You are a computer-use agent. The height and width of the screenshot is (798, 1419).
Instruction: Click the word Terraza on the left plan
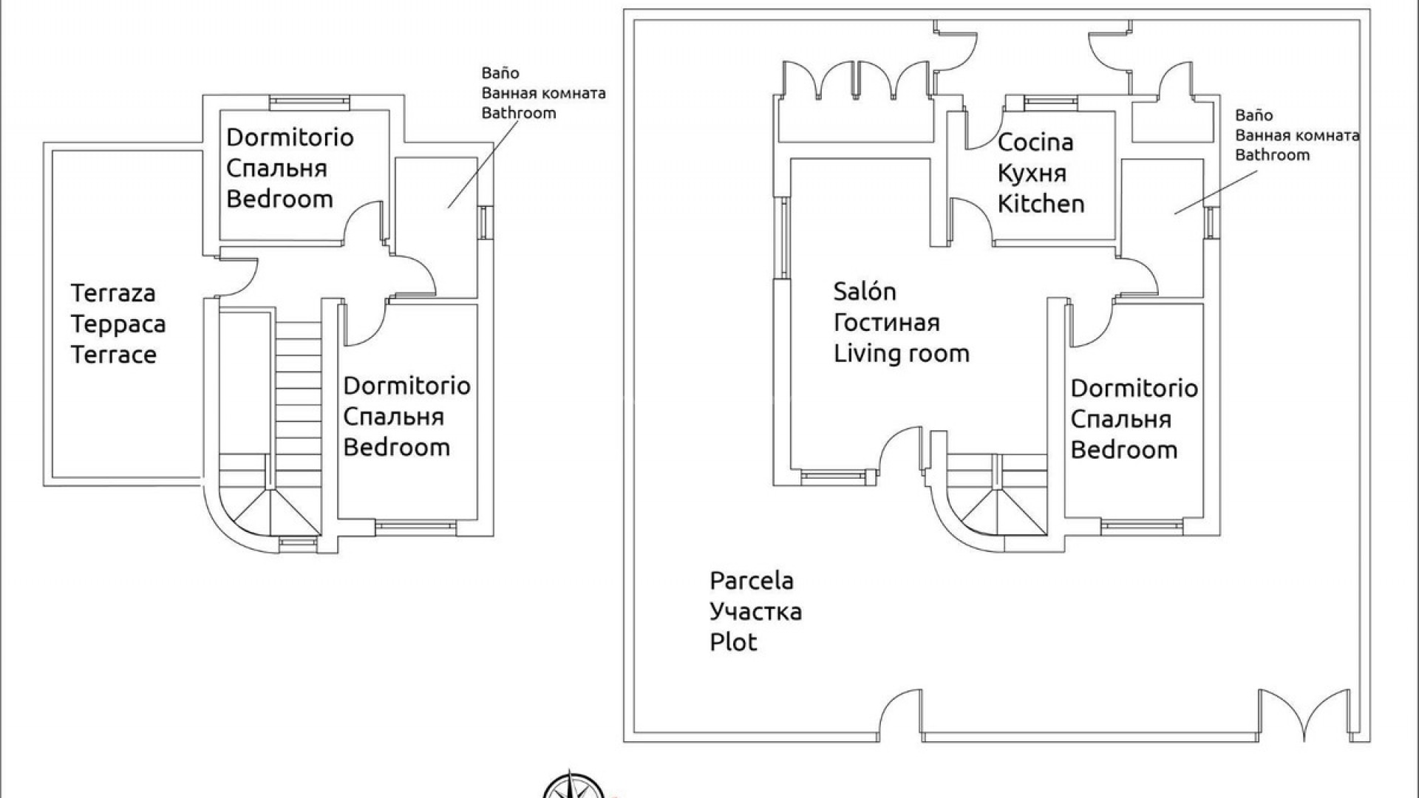click(113, 293)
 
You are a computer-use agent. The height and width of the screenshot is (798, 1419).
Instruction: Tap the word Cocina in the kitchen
click(1035, 143)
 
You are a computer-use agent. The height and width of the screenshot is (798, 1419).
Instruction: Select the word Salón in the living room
click(864, 291)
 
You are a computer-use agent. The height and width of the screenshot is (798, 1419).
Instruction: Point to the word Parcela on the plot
click(751, 581)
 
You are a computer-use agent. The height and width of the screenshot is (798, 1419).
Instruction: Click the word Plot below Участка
click(733, 642)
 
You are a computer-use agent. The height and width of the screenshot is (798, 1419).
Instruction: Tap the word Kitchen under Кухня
click(1041, 204)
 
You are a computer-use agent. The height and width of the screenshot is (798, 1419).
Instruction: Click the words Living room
click(901, 353)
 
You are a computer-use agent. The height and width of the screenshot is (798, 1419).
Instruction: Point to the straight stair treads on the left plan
click(299, 384)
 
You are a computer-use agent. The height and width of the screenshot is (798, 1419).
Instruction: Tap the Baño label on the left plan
click(500, 73)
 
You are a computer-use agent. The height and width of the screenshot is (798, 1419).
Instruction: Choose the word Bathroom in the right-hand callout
click(1272, 155)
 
